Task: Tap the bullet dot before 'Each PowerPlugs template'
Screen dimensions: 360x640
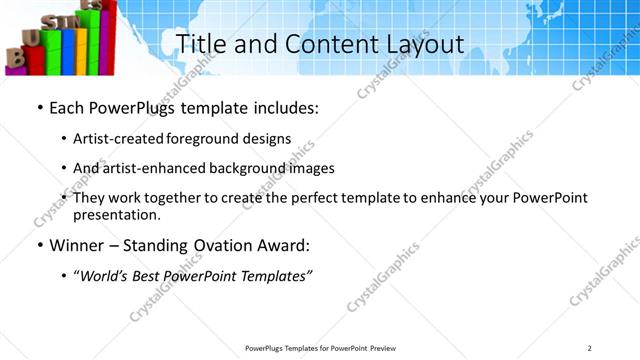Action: tap(39, 107)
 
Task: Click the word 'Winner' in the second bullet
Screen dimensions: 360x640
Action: tap(77, 245)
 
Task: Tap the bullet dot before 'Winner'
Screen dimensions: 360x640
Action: tap(39, 245)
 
